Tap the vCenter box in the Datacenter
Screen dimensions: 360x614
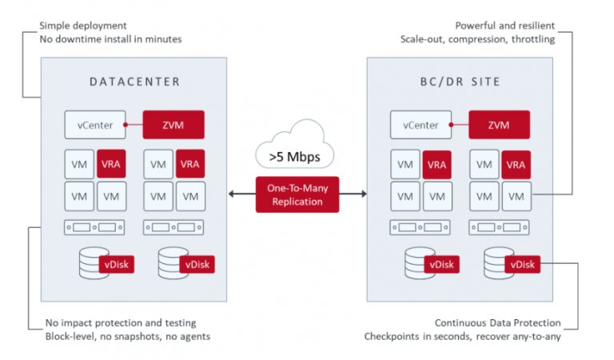click(95, 125)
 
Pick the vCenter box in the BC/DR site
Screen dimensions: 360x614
click(421, 125)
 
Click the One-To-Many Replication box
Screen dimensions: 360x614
click(297, 194)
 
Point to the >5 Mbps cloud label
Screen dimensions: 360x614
click(296, 157)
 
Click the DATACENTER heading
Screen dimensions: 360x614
click(134, 82)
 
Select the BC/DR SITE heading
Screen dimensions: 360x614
click(460, 82)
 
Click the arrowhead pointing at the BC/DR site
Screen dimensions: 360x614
click(363, 194)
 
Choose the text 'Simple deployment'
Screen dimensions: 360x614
click(83, 26)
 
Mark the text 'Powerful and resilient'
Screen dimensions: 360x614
click(504, 26)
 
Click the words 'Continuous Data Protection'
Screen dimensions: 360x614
click(497, 322)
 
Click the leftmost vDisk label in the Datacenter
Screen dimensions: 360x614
click(117, 264)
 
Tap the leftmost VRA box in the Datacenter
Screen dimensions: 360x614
click(110, 164)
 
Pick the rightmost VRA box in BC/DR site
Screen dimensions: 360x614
click(516, 164)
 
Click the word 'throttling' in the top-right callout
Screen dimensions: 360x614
click(532, 39)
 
